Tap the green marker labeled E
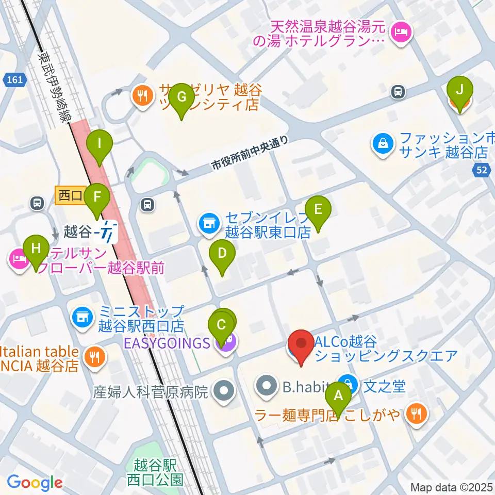point(318,209)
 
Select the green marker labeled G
point(181,96)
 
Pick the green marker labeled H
point(36,248)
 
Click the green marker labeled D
point(222,253)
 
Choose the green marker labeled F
point(96,196)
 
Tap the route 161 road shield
point(15,80)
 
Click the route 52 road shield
point(483,171)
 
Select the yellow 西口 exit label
point(69,194)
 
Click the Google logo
point(35,483)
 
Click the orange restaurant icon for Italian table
point(95,355)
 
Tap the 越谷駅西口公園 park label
point(155,472)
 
